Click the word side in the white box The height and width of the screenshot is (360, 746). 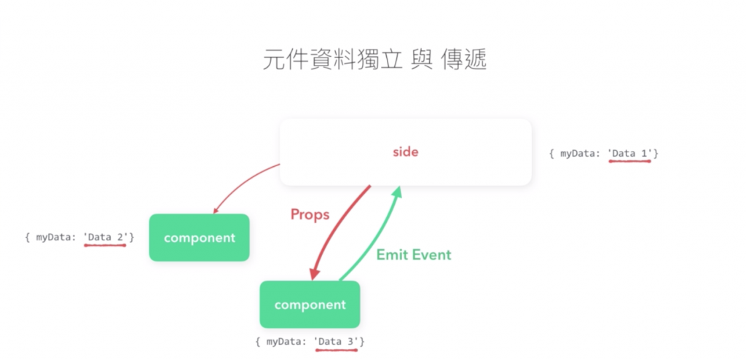tap(406, 152)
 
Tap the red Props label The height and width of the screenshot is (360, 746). tap(310, 214)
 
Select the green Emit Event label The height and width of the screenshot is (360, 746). tap(413, 255)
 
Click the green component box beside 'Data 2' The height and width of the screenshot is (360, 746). tap(199, 238)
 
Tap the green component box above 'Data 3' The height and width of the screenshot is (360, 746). tap(310, 305)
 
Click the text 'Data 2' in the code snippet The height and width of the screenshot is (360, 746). tap(106, 237)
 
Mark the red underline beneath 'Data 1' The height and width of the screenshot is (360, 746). tap(630, 162)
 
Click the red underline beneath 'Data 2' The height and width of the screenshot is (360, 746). tap(105, 245)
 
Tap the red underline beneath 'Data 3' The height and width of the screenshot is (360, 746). tap(337, 350)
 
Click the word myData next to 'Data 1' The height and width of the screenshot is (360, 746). tap(580, 154)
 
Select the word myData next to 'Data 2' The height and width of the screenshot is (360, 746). tap(55, 237)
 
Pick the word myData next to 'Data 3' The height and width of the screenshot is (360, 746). tap(286, 341)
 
